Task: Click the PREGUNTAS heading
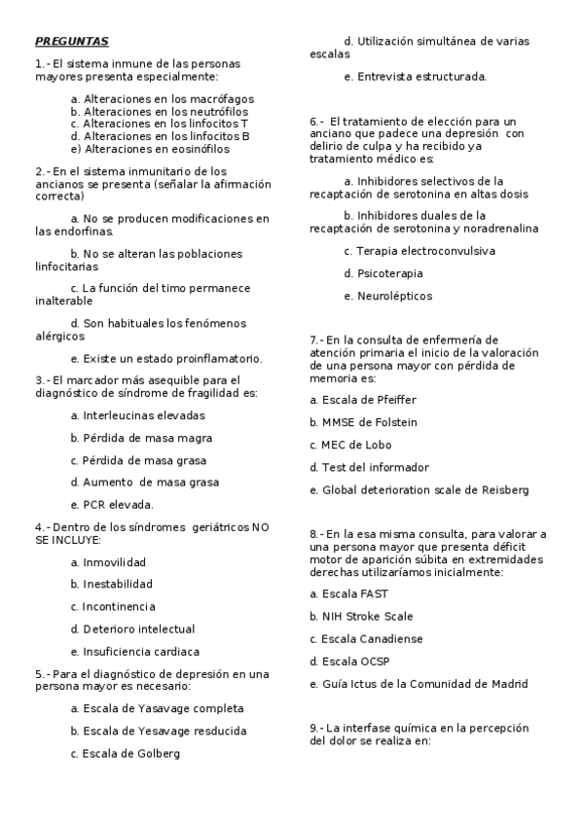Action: coord(72,42)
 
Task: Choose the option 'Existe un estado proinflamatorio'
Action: coord(165,358)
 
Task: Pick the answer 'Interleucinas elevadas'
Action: coord(137,415)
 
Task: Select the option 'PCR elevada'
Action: coord(112,504)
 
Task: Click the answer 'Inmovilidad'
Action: coord(108,562)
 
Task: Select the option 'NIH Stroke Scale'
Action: coord(361,616)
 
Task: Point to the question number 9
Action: coord(315,728)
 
